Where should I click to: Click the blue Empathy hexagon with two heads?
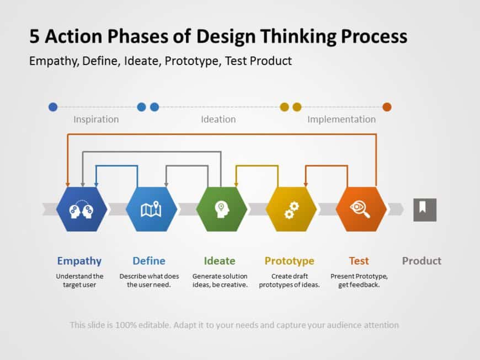click(81, 209)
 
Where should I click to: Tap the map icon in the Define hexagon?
click(151, 209)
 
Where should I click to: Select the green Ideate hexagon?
click(221, 209)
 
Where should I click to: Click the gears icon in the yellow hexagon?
click(291, 209)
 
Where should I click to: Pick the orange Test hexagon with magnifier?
click(361, 209)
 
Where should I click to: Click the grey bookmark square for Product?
click(425, 209)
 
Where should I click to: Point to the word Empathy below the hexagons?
click(79, 261)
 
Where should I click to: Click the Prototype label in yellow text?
click(289, 261)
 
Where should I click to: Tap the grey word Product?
click(422, 261)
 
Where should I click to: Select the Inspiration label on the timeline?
click(96, 119)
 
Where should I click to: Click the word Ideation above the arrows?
click(218, 119)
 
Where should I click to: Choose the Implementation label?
click(341, 119)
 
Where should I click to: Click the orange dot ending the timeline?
click(387, 107)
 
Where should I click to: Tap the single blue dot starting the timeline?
click(53, 107)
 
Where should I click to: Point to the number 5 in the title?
click(34, 36)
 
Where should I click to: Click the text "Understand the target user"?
click(79, 280)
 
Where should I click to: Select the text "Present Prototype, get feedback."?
click(359, 280)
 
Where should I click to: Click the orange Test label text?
click(359, 261)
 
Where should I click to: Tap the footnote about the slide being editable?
click(234, 325)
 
